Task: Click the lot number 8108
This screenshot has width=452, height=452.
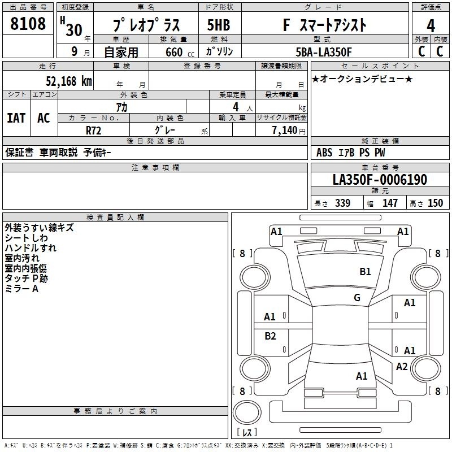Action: (28, 23)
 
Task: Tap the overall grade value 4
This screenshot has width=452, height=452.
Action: (431, 26)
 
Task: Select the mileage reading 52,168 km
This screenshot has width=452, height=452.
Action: (69, 81)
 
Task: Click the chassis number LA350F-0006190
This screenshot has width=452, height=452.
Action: (380, 180)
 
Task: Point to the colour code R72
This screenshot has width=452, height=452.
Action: (93, 131)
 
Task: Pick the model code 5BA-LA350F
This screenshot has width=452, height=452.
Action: (324, 52)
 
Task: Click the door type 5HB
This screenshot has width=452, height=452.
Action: (219, 25)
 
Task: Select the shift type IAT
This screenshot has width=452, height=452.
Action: (16, 118)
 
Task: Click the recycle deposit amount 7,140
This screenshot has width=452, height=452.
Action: (285, 131)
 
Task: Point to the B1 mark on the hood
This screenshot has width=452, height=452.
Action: (365, 272)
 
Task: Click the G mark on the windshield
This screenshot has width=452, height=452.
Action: (357, 298)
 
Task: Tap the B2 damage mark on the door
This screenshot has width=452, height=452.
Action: (270, 336)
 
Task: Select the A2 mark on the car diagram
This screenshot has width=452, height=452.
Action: (402, 367)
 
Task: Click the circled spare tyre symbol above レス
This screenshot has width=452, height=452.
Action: (247, 412)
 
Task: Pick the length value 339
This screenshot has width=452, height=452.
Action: (342, 203)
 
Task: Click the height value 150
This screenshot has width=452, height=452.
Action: (435, 203)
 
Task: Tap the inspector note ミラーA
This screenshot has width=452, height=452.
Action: (21, 289)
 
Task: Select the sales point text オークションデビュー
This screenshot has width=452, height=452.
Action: (362, 79)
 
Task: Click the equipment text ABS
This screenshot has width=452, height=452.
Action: (324, 153)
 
